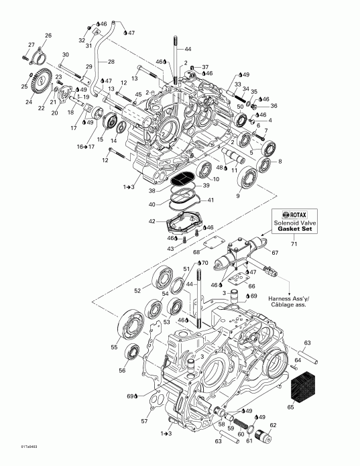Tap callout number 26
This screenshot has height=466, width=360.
coord(48,35)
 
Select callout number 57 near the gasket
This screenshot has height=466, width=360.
coord(145,420)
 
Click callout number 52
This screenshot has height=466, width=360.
coord(138,291)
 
